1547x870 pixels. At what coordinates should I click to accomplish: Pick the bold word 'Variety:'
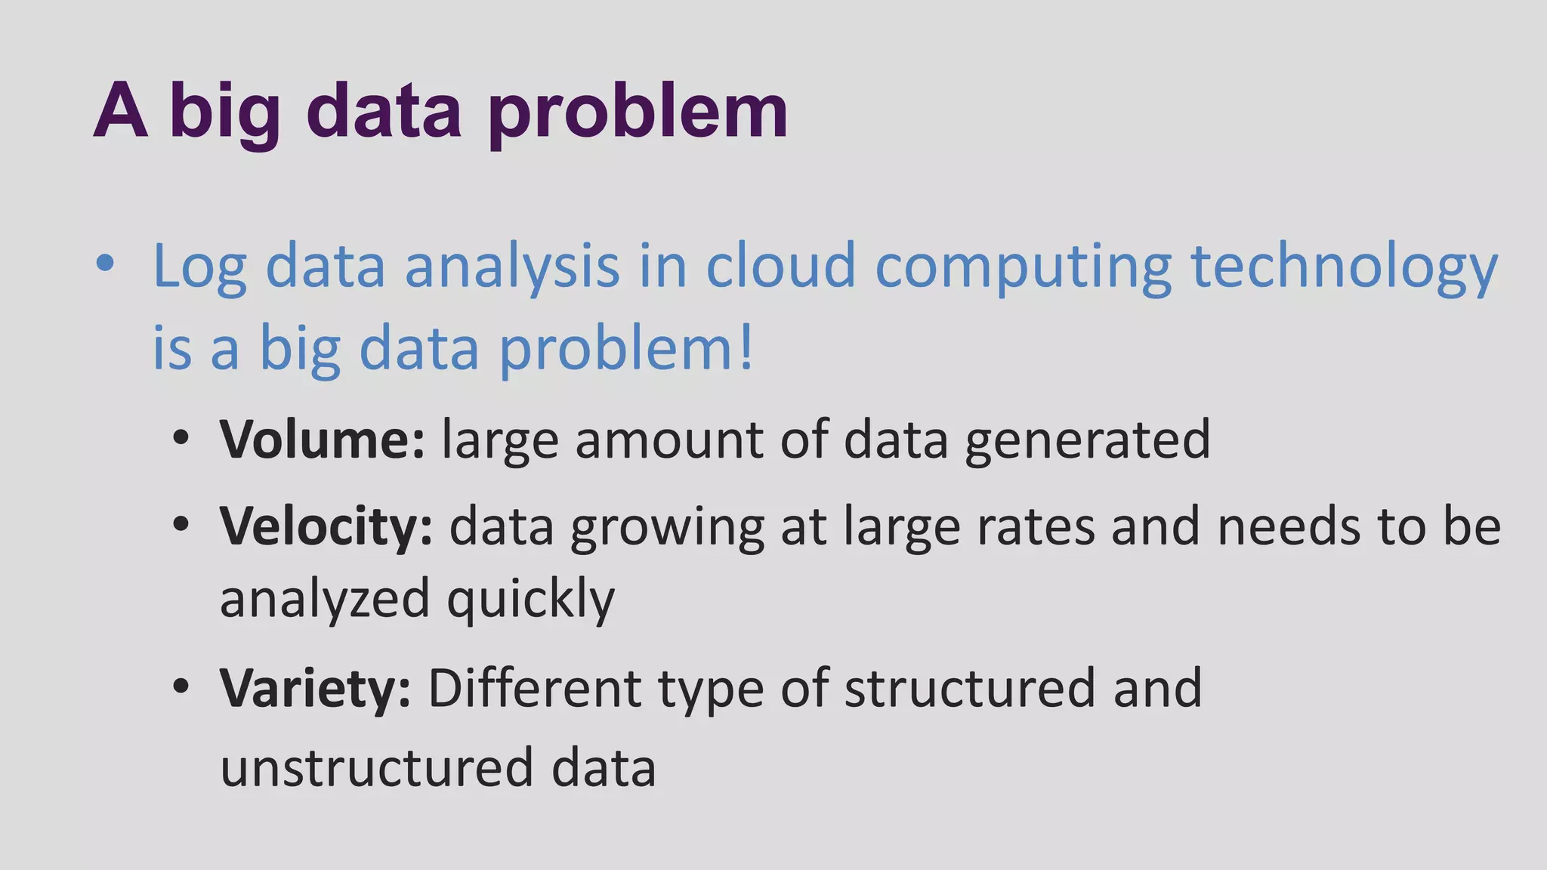tap(315, 689)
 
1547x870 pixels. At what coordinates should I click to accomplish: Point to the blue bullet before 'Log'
tap(106, 264)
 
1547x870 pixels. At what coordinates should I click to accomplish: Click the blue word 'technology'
tap(1344, 267)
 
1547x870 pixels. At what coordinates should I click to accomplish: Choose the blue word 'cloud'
tap(780, 266)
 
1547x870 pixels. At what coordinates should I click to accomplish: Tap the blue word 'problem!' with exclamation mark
tap(626, 350)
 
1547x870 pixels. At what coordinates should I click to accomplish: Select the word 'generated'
tap(1088, 440)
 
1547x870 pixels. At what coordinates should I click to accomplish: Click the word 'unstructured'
tap(376, 768)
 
